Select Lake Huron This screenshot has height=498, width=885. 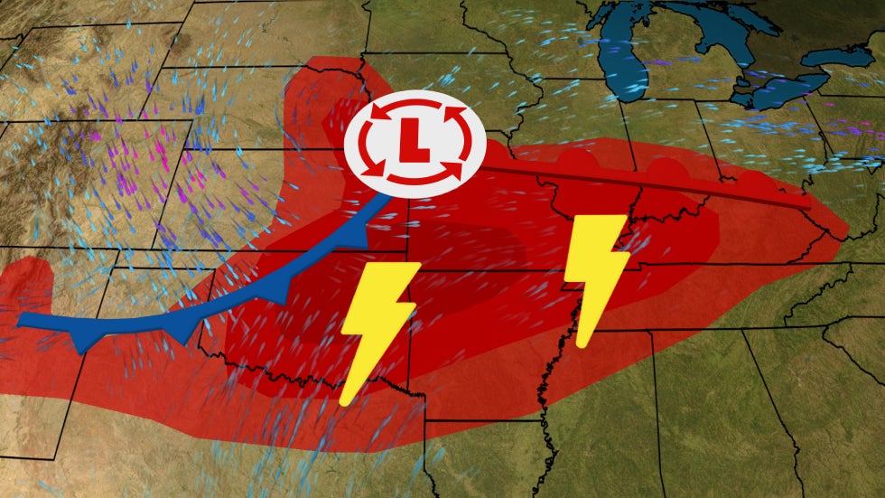coord(722,36)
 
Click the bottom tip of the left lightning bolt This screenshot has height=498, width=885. coord(343,401)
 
